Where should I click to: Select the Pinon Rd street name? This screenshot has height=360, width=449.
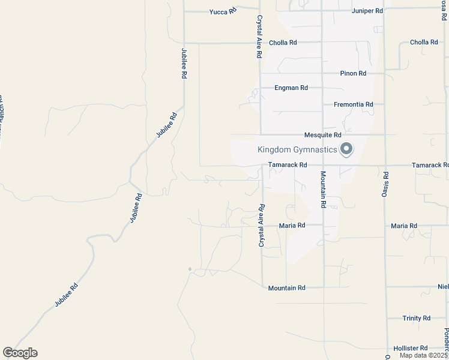coord(353,73)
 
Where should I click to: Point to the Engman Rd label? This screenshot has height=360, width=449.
coord(291,88)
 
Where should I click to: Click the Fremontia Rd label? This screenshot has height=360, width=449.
coord(353,104)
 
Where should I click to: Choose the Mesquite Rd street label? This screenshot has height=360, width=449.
coord(322,135)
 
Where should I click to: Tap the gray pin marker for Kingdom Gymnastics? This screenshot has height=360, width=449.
coord(346,149)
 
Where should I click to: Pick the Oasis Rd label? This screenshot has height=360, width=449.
coord(386,183)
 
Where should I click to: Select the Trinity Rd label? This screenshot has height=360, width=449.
coord(416,318)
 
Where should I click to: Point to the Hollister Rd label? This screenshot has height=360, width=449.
coord(411,348)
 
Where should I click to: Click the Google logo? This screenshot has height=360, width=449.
coord(20,353)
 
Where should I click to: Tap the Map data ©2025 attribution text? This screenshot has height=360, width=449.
coord(423,355)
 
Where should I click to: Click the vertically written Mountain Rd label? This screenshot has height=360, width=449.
coord(323,190)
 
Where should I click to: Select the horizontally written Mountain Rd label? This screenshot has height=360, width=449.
coord(286,288)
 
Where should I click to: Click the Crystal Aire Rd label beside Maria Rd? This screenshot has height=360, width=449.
coord(262,226)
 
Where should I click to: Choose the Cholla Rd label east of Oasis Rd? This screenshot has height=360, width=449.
coord(424,43)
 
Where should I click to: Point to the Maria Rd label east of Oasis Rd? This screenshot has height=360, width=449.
coord(404,226)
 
